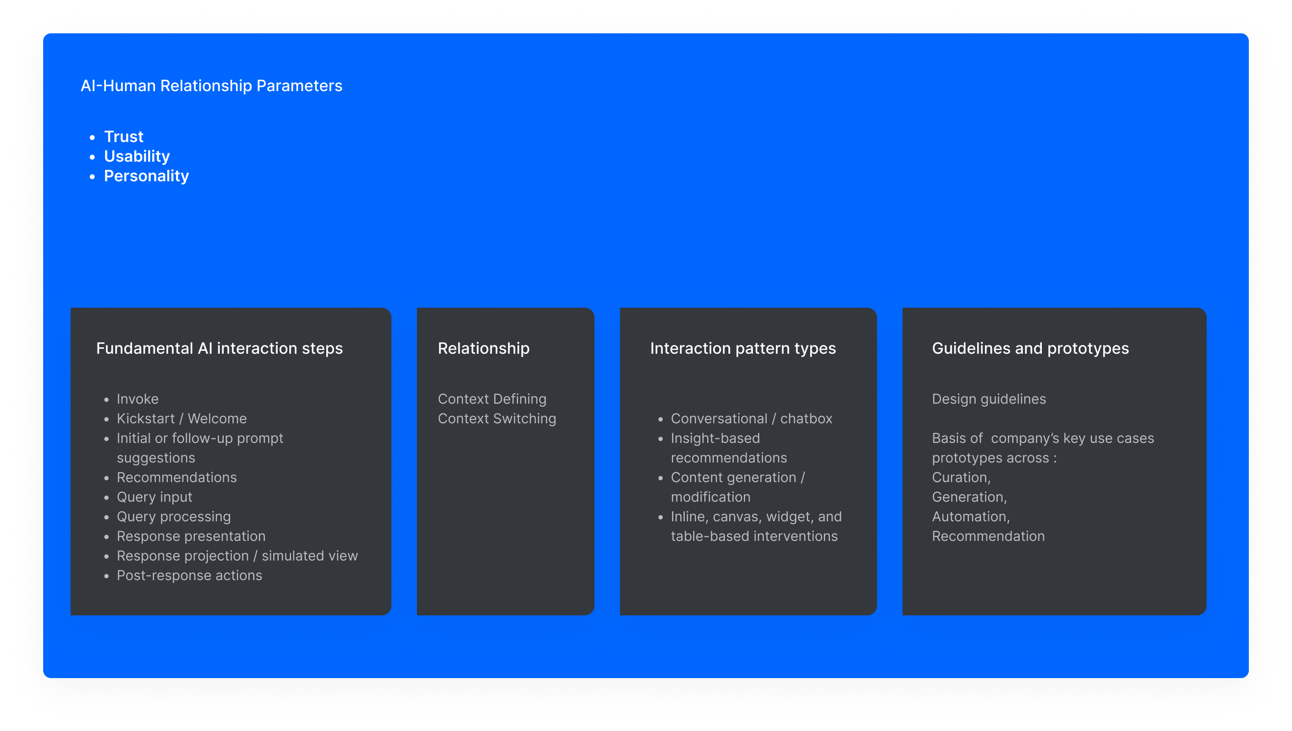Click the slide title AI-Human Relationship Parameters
[x=211, y=86]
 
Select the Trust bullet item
[x=124, y=137]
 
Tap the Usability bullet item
[x=137, y=156]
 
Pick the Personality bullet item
[x=146, y=176]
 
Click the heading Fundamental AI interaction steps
[x=219, y=348]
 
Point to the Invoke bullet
[x=138, y=399]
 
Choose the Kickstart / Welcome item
[x=182, y=419]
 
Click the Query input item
[x=155, y=497]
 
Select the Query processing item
[x=174, y=516]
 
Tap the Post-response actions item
[x=189, y=575]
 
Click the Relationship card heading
[x=484, y=348]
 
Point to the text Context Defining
[x=492, y=399]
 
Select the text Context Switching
[x=497, y=419]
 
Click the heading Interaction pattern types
[x=743, y=348]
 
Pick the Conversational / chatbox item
[x=751, y=419]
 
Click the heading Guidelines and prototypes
[x=1030, y=348]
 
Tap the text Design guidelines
[x=989, y=399]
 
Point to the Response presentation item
[x=191, y=536]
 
